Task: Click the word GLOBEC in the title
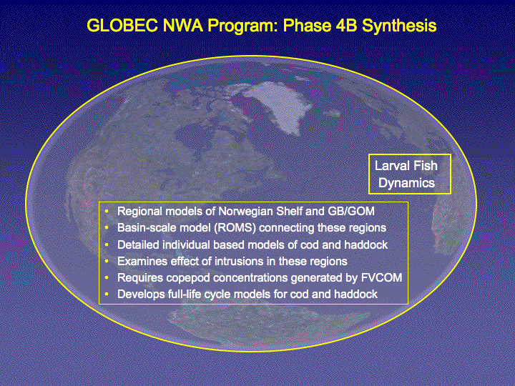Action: (122, 26)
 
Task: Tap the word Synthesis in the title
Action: (399, 26)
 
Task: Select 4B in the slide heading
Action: (346, 26)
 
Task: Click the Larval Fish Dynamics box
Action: (410, 174)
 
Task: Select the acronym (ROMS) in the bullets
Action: (235, 228)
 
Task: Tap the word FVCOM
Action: (381, 277)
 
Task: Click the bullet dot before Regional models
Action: (107, 211)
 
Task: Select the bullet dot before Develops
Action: (107, 294)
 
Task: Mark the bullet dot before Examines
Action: (107, 262)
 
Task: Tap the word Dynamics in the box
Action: (406, 183)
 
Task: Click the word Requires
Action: (140, 278)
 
